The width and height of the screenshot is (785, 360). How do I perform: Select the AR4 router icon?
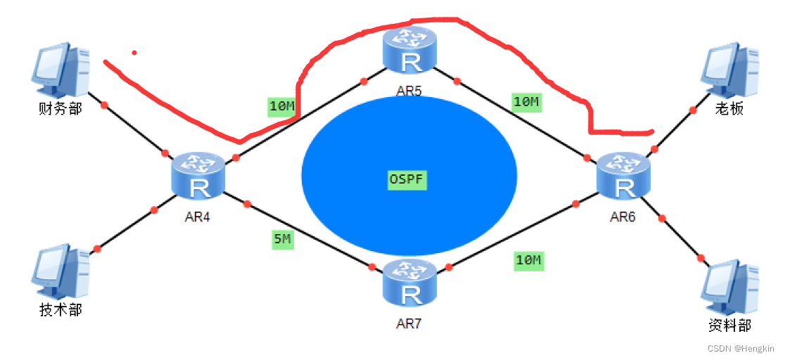(x=199, y=176)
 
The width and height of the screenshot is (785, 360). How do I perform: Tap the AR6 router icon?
(x=623, y=176)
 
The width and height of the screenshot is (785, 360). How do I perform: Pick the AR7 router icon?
(x=409, y=283)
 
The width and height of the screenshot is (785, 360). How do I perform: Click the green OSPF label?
(x=407, y=179)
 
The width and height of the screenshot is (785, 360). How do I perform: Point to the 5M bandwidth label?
(x=282, y=240)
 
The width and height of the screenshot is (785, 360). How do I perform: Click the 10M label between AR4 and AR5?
(x=282, y=107)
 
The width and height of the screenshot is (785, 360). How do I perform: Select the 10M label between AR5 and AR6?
(x=526, y=102)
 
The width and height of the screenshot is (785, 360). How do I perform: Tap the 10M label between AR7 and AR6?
(x=528, y=261)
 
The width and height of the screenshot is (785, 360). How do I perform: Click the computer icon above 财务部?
(x=61, y=70)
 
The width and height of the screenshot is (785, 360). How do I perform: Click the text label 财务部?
(x=60, y=109)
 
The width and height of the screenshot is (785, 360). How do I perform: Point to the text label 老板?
(x=729, y=109)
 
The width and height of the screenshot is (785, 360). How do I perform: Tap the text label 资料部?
(x=730, y=326)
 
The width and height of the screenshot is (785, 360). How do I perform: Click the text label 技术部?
(x=60, y=310)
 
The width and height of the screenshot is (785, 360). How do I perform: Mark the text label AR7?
(x=409, y=324)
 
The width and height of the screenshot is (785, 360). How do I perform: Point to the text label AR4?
(x=198, y=217)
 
